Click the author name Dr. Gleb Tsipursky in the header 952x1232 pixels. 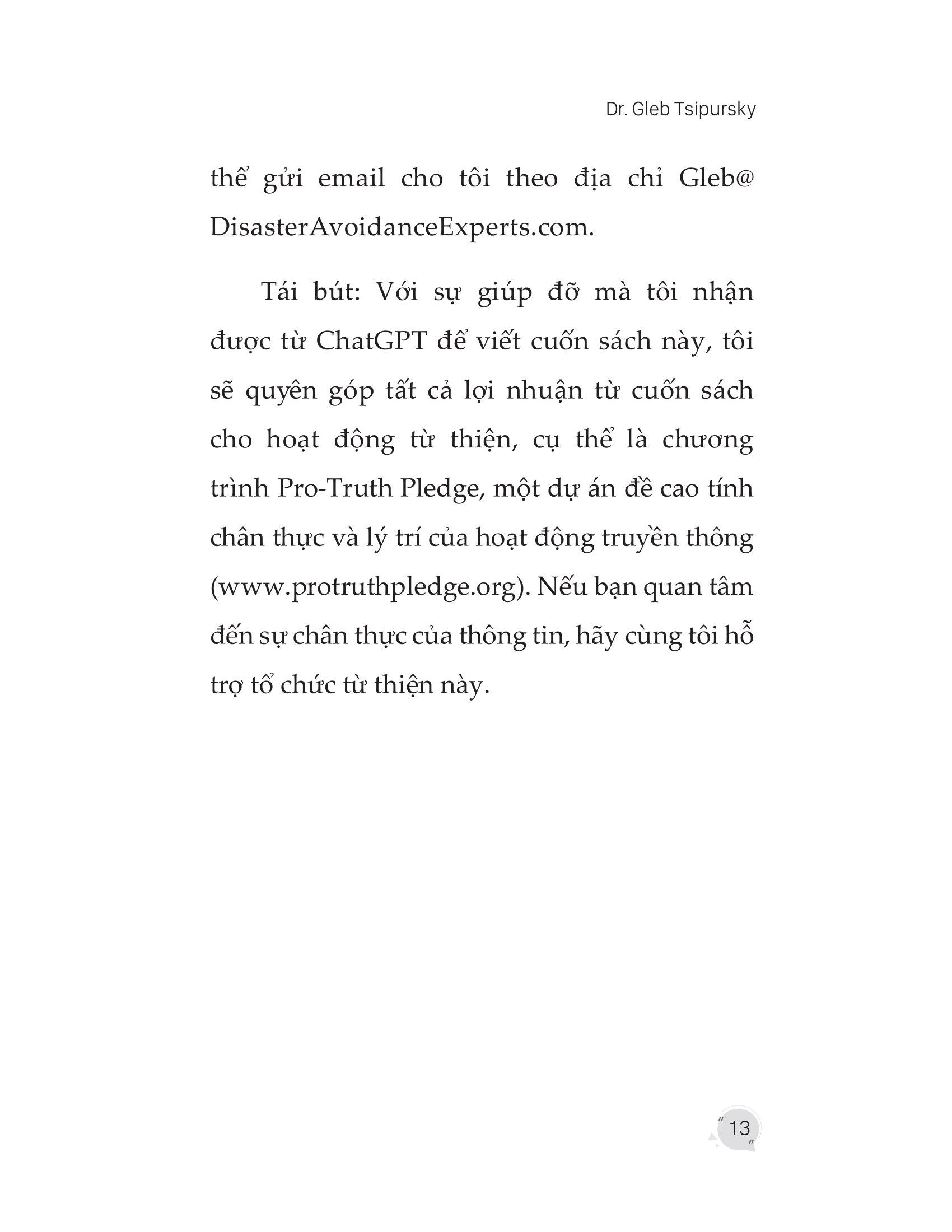coord(680,109)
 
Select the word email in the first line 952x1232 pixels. coord(351,179)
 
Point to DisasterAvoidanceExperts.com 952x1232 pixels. coord(402,228)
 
